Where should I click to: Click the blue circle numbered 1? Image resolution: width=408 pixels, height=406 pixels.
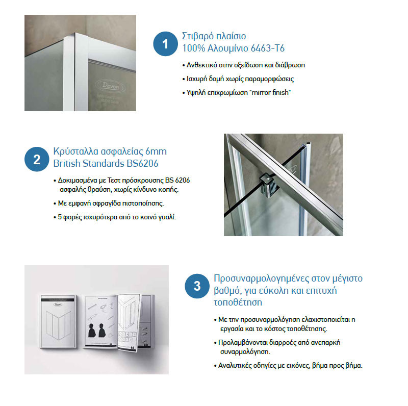coord(165,43)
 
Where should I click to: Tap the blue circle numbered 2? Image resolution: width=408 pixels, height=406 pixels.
coord(37,159)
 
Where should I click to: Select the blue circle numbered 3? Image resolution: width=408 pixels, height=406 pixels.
coord(197,287)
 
